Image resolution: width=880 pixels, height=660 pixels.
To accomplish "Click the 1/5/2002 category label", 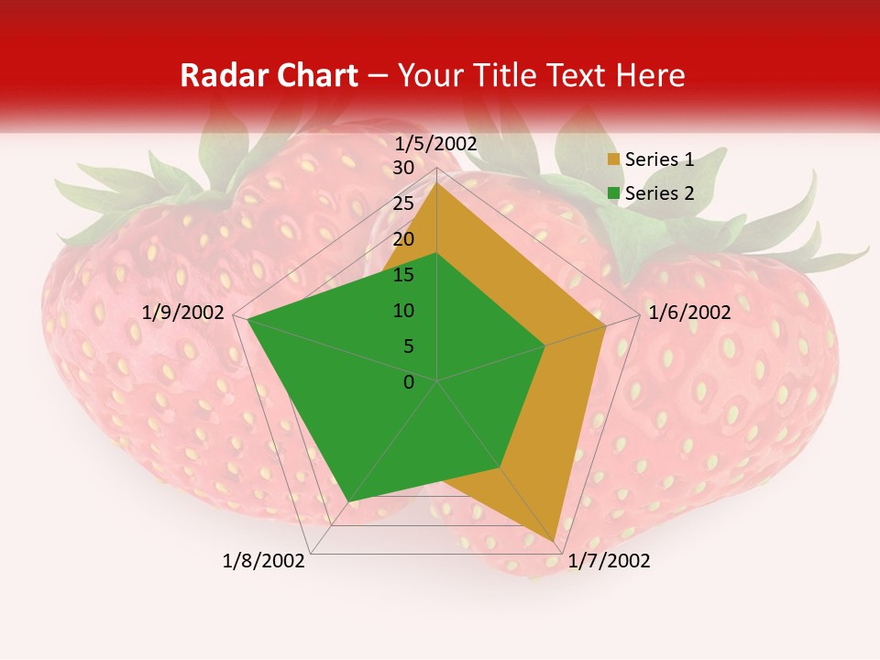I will point(435,143).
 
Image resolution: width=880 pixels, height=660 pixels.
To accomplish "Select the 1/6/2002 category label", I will point(689,313).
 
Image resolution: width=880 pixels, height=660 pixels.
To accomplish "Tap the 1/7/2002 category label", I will point(609,561).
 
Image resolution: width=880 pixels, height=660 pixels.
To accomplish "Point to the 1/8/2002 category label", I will point(264,561).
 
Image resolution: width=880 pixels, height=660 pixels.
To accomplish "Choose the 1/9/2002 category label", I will point(183,313).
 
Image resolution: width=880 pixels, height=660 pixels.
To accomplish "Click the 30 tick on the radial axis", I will point(403,168).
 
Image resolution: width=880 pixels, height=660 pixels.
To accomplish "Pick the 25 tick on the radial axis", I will point(403,203).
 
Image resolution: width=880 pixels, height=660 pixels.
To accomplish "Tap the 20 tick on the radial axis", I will point(403,239).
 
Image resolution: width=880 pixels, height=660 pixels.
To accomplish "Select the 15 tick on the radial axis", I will point(403,275).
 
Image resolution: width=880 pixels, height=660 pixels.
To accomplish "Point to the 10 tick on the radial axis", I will point(403,311).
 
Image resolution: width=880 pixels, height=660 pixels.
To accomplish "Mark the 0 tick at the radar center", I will point(409,382).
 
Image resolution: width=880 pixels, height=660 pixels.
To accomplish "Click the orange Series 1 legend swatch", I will point(613,160).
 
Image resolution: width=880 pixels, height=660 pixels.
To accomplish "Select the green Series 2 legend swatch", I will point(613,193).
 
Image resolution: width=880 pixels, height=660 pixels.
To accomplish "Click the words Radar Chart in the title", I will point(269,75).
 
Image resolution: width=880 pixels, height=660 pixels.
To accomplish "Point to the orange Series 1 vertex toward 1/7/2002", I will point(555,541).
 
